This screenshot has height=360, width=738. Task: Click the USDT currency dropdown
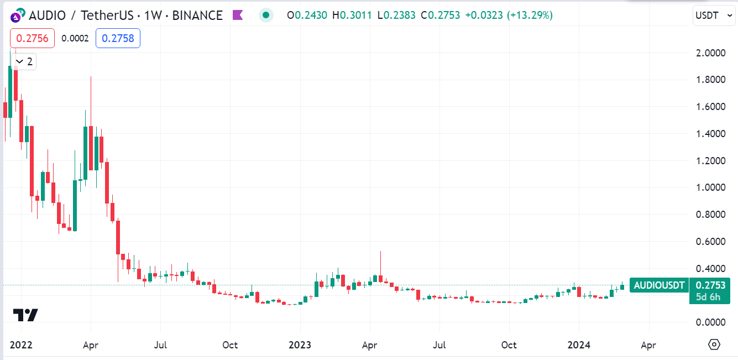tap(714, 15)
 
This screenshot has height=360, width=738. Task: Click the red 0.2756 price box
tap(32, 38)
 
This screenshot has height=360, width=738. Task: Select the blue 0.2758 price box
tap(118, 38)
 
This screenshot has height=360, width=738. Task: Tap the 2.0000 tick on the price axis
tap(710, 53)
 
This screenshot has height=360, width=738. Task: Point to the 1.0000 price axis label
tap(710, 187)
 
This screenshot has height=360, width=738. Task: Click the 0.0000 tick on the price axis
tap(710, 322)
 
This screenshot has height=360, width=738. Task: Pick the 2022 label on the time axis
tap(21, 345)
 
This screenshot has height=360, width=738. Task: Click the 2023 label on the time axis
tap(300, 345)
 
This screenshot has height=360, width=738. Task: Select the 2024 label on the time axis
tap(579, 345)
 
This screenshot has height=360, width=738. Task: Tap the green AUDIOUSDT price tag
tap(659, 285)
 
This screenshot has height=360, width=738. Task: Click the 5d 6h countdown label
tap(709, 297)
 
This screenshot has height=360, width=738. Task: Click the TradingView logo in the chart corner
tap(25, 315)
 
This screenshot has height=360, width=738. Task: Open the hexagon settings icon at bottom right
tap(714, 345)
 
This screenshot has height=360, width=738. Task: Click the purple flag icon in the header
tap(238, 15)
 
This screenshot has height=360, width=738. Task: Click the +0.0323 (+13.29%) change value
tap(509, 15)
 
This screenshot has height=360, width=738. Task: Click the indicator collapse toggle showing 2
tap(24, 61)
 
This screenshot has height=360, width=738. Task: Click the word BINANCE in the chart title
tap(197, 15)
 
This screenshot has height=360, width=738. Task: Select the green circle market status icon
tap(266, 15)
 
